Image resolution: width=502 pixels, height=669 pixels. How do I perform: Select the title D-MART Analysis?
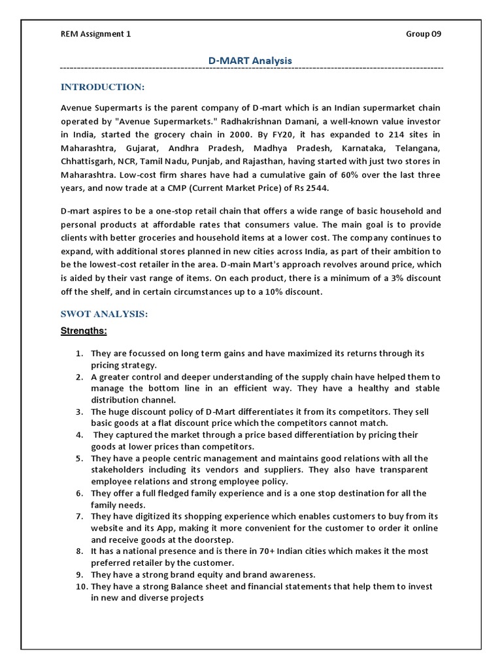point(250,61)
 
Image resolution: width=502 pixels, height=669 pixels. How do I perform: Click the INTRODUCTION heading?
point(103,87)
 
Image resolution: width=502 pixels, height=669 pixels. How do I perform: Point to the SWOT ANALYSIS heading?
point(105,314)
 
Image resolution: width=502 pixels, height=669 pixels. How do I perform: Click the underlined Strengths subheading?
point(84,331)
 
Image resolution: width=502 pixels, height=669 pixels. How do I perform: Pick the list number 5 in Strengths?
point(78,458)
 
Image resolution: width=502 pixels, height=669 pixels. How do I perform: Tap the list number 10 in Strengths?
point(80,587)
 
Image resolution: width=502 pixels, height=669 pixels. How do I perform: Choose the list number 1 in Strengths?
point(78,353)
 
